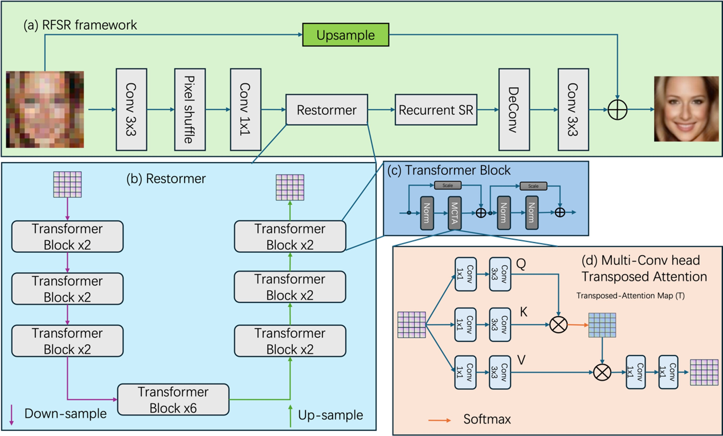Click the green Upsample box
[x=345, y=35]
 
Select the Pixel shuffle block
[x=190, y=110]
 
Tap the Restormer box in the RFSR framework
[x=326, y=110]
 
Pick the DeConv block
[x=514, y=110]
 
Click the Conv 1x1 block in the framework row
[x=245, y=110]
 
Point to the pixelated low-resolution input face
[x=45, y=109]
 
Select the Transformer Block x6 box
[x=173, y=400]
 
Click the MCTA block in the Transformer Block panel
[x=454, y=213]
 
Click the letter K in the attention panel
[x=524, y=312]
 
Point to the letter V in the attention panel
[x=521, y=360]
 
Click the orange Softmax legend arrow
[x=439, y=420]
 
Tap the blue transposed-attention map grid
[x=602, y=325]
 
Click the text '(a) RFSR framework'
[x=80, y=25]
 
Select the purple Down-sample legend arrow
[x=11, y=415]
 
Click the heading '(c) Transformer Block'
[x=449, y=170]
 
